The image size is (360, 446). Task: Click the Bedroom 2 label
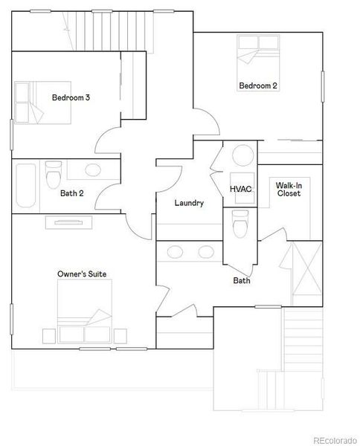258,86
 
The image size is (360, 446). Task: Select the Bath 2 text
71,193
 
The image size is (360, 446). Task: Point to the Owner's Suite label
82,274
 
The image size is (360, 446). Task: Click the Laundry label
189,203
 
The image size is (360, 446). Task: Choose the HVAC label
240,189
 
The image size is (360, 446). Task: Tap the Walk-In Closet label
289,189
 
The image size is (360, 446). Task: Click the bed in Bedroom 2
257,56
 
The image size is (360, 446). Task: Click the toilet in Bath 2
53,175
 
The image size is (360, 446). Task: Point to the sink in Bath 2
93,170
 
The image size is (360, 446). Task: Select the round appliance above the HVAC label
242,156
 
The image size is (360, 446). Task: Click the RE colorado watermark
335,439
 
